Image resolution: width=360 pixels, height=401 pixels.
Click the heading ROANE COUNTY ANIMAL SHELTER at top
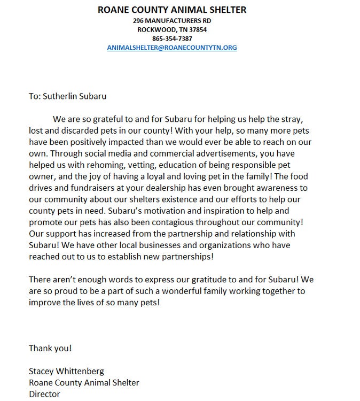(x=172, y=10)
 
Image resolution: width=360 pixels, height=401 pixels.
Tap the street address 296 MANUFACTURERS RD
(x=172, y=20)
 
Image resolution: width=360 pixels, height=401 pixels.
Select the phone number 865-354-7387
(x=172, y=38)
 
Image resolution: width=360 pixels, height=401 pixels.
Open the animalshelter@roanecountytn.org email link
(x=172, y=48)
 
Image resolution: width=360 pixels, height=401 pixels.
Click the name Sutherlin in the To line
(x=62, y=96)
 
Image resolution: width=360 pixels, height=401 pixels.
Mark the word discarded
(x=73, y=130)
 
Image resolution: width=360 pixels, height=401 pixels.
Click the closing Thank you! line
(x=50, y=348)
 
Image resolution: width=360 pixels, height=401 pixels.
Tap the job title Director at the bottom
(x=44, y=394)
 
